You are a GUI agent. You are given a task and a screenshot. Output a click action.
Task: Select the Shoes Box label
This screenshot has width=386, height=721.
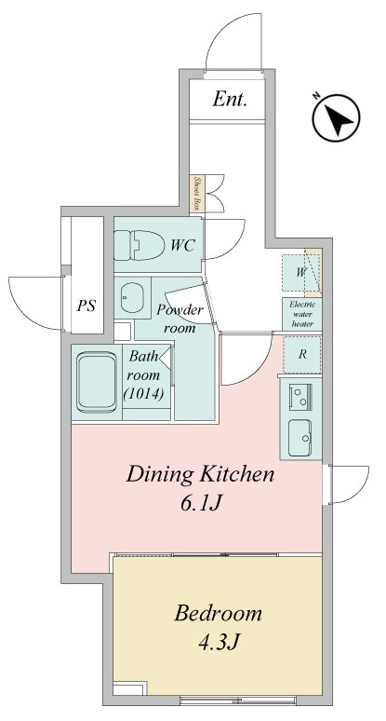(x=196, y=193)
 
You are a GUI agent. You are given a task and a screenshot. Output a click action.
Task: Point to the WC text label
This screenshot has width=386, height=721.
(x=182, y=246)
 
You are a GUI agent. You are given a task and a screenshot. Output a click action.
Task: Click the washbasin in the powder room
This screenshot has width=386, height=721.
(x=131, y=297)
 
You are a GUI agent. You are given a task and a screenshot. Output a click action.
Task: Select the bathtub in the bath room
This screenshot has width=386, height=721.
(x=96, y=380)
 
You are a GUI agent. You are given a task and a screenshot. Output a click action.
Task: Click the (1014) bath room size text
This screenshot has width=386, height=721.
(x=145, y=393)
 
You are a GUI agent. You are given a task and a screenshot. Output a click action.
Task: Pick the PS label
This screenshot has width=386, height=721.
(x=86, y=304)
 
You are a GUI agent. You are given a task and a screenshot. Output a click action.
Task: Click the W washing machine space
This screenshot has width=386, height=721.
(x=300, y=273)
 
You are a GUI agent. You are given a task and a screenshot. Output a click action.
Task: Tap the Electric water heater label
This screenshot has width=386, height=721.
(x=301, y=314)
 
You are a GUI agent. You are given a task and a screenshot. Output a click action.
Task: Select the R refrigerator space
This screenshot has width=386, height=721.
(x=301, y=355)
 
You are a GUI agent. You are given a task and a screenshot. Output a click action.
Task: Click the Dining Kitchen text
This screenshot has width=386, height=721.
(x=200, y=475)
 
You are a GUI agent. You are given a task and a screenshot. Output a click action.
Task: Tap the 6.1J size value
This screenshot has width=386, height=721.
(x=199, y=504)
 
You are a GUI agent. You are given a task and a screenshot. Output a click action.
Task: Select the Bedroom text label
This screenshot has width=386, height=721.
(x=218, y=614)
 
